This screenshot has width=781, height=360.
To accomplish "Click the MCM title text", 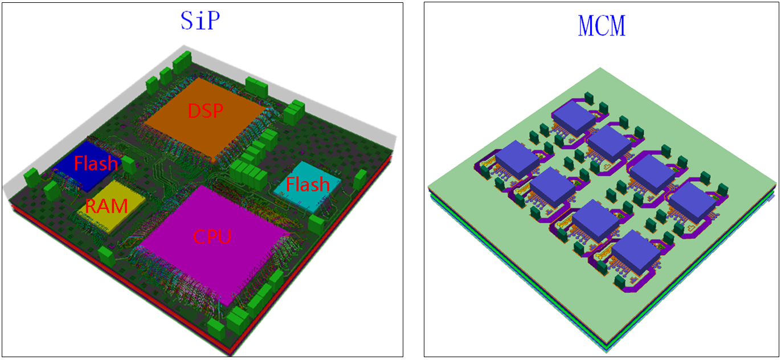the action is [602, 26].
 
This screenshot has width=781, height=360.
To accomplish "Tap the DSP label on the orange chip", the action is [205, 111].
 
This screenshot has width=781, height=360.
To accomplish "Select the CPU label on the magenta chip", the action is [212, 237].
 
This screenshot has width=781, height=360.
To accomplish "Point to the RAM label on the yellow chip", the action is [107, 206].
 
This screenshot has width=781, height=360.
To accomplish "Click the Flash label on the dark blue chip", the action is [96, 163].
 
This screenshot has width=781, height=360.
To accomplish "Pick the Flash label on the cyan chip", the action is [308, 185].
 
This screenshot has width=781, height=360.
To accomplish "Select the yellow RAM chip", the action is [111, 206].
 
